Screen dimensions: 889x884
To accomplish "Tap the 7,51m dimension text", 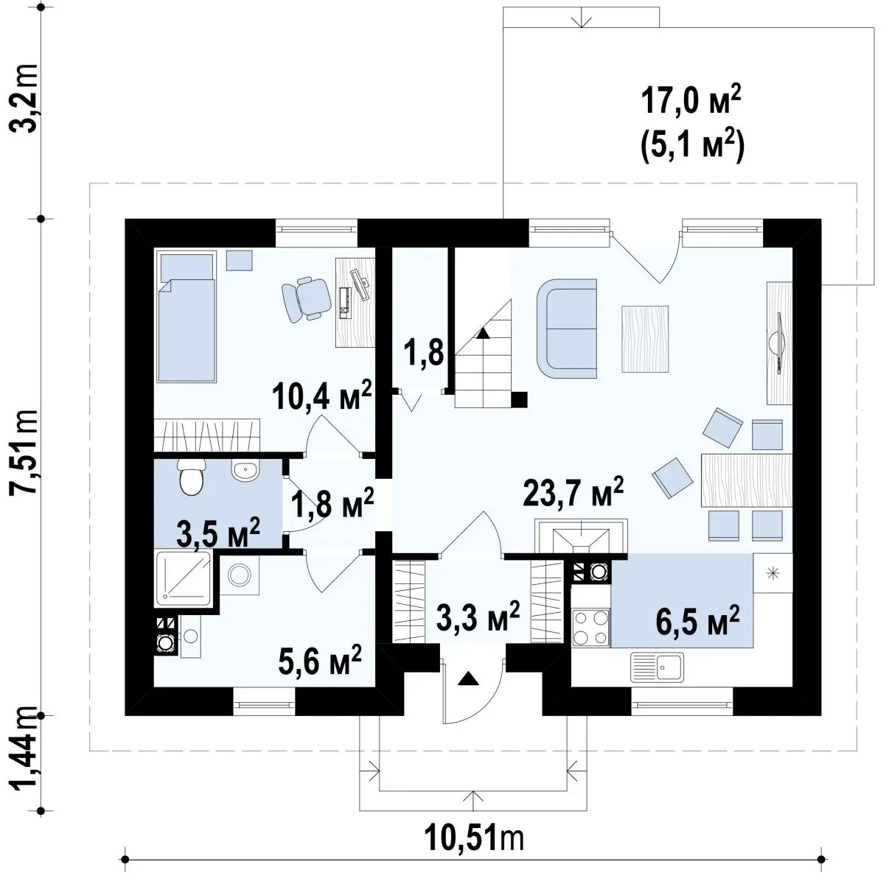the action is coord(24,452).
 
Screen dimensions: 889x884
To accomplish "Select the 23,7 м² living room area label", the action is coord(574,491).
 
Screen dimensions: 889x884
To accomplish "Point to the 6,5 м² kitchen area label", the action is coord(697,620).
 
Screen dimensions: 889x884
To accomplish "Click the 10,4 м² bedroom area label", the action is coord(321,395).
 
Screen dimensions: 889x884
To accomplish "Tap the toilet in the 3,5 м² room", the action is coord(191,477).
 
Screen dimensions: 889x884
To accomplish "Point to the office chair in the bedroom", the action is coord(307,298).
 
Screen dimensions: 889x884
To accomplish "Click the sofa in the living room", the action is coord(567,329).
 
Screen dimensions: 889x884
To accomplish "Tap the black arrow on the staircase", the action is coord(483,333).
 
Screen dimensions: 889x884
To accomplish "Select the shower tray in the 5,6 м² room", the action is coord(184,579).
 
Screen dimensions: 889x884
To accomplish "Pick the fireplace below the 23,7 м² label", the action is coord(581,536).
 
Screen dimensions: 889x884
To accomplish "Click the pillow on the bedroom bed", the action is coord(186,266).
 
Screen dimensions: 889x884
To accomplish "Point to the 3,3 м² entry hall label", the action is coord(478,615).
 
